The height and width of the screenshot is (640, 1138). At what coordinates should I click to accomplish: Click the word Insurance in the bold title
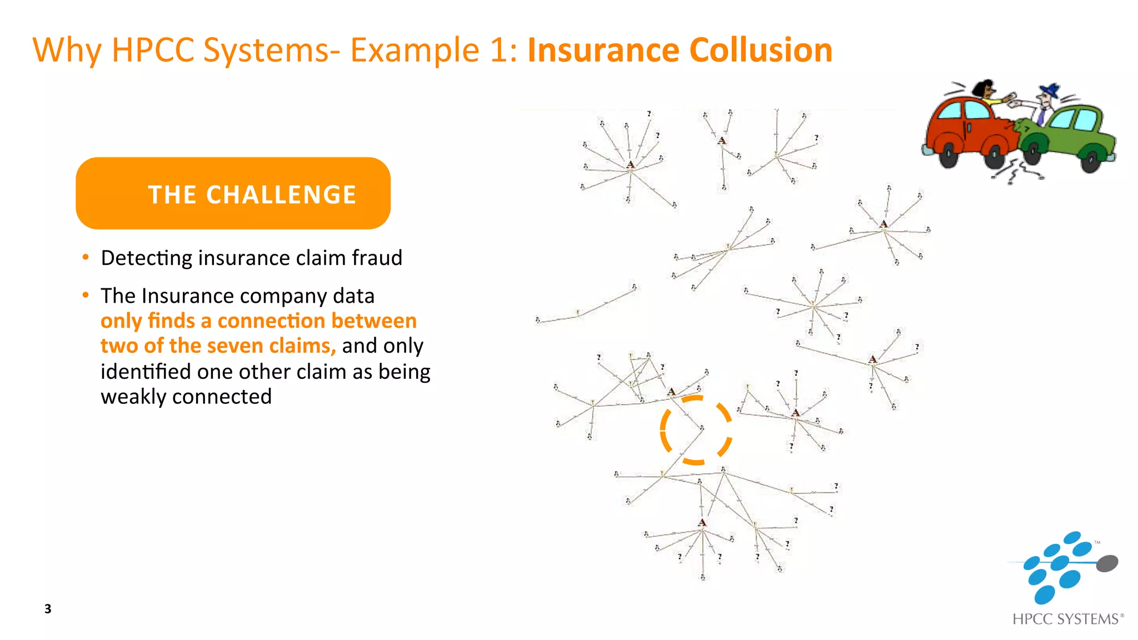pyautogui.click(x=603, y=50)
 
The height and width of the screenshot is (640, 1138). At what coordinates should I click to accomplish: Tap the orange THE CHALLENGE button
pyautogui.click(x=233, y=193)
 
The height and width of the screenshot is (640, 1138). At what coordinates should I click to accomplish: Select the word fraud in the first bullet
pyautogui.click(x=376, y=258)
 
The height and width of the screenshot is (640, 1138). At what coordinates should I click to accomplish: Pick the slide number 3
pyautogui.click(x=48, y=609)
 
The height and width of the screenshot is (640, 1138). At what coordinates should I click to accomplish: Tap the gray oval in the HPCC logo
pyautogui.click(x=1107, y=563)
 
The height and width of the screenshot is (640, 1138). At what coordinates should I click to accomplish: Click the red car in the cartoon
pyautogui.click(x=967, y=128)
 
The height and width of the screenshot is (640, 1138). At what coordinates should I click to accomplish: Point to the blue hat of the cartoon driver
pyautogui.click(x=1051, y=90)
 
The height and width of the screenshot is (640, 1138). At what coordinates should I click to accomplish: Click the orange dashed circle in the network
pyautogui.click(x=696, y=430)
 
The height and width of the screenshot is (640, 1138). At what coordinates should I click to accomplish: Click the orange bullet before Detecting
pyautogui.click(x=86, y=257)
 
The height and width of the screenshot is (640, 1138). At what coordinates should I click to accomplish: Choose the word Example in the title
pyautogui.click(x=415, y=50)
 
